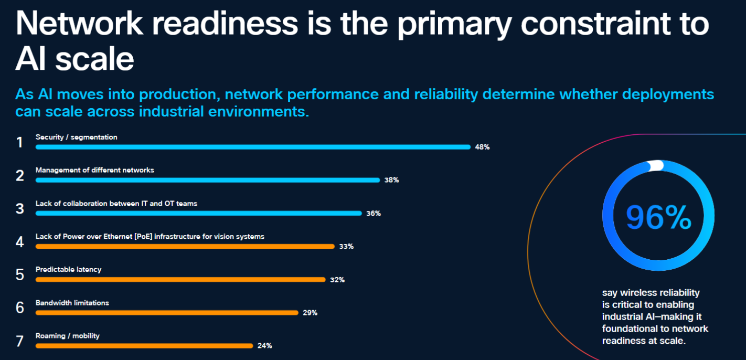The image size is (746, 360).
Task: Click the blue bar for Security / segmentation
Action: (253, 147)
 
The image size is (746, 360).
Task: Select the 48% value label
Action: (482, 147)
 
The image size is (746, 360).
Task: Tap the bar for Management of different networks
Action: (208, 180)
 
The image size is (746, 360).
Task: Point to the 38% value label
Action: (391, 180)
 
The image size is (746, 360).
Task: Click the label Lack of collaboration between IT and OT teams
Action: (116, 204)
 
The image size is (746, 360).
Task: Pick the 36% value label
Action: (374, 214)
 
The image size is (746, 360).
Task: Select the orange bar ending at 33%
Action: (185, 246)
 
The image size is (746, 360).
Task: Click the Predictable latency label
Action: (68, 270)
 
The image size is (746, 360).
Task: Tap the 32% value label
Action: (337, 280)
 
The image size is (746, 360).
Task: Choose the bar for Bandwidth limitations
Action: (167, 313)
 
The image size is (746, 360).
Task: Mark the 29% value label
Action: (310, 313)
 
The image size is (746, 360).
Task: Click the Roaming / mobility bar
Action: (144, 346)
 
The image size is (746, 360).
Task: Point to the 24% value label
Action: (264, 346)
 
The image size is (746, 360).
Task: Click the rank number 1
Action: (20, 142)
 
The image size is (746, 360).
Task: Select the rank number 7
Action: (20, 341)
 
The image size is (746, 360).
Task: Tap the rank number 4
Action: (20, 242)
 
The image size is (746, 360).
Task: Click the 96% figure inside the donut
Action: (658, 217)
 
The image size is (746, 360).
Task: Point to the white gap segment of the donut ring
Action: (656, 166)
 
